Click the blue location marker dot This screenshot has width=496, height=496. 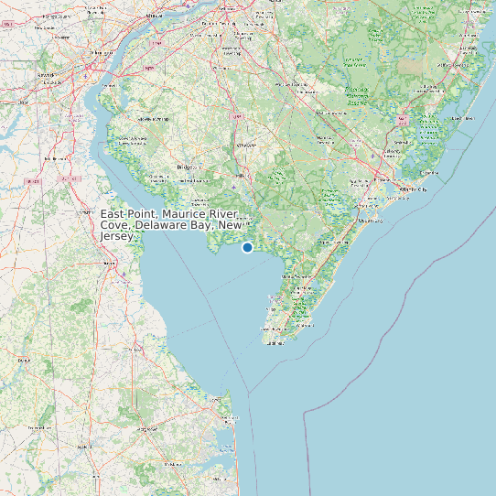coord(247,247)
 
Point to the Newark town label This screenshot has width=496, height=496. coord(45,74)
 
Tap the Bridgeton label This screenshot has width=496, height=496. coord(188,168)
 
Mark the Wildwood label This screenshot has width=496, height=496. coord(302,323)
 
